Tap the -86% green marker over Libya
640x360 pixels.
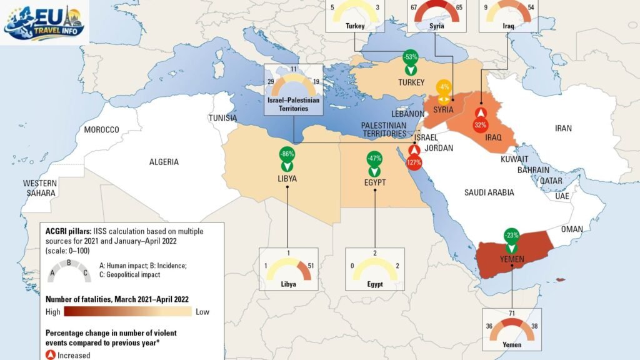[x=287, y=159]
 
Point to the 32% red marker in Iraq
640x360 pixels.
[x=480, y=119]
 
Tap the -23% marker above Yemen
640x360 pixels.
[x=512, y=241]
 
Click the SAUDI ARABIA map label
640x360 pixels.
[x=489, y=192]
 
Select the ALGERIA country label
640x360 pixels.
[x=164, y=162]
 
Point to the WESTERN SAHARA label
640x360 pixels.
[x=40, y=188]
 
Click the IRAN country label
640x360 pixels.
[x=563, y=129]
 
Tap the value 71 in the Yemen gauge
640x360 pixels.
[x=512, y=312]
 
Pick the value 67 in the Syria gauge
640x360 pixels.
[x=414, y=7]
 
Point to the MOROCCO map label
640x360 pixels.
[x=101, y=129]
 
